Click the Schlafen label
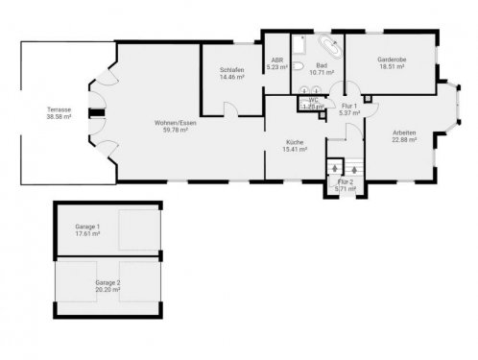231,68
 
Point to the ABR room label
276,60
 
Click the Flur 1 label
349,107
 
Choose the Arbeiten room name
404,132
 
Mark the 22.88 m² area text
404,140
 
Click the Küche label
294,142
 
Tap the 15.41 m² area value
294,150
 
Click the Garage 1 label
89,227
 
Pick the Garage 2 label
108,282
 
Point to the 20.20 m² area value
108,290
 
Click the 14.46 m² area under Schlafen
231,76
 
